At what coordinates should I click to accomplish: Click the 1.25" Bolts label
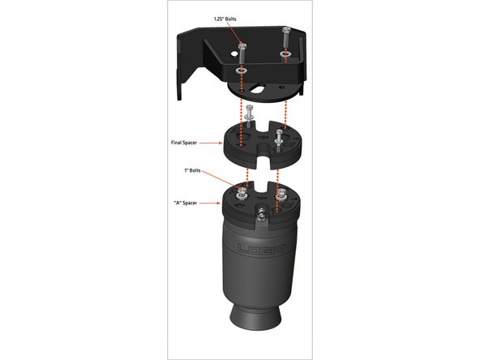click(225, 19)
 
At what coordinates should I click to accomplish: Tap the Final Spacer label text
click(184, 143)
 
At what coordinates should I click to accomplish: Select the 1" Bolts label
click(192, 170)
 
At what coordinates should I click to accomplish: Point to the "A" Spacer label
click(185, 203)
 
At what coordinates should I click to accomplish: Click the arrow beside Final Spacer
click(211, 143)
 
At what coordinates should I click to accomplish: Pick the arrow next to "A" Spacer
click(210, 203)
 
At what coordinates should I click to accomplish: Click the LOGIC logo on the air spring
click(261, 248)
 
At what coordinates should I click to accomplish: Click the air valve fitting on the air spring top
click(261, 214)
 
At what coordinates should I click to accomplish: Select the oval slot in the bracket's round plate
click(257, 88)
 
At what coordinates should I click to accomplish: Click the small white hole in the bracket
click(234, 54)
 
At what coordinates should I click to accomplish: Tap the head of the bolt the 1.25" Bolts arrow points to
click(242, 46)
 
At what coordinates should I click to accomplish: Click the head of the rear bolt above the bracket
click(286, 29)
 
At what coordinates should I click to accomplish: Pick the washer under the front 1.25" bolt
click(242, 71)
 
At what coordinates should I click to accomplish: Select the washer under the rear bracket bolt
click(285, 54)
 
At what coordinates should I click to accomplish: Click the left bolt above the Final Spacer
click(249, 116)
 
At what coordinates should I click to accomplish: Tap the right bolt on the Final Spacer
click(279, 140)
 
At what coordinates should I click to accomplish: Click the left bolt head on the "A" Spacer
click(242, 194)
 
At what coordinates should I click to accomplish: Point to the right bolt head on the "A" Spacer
click(281, 194)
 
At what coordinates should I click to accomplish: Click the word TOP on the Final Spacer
click(262, 138)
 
